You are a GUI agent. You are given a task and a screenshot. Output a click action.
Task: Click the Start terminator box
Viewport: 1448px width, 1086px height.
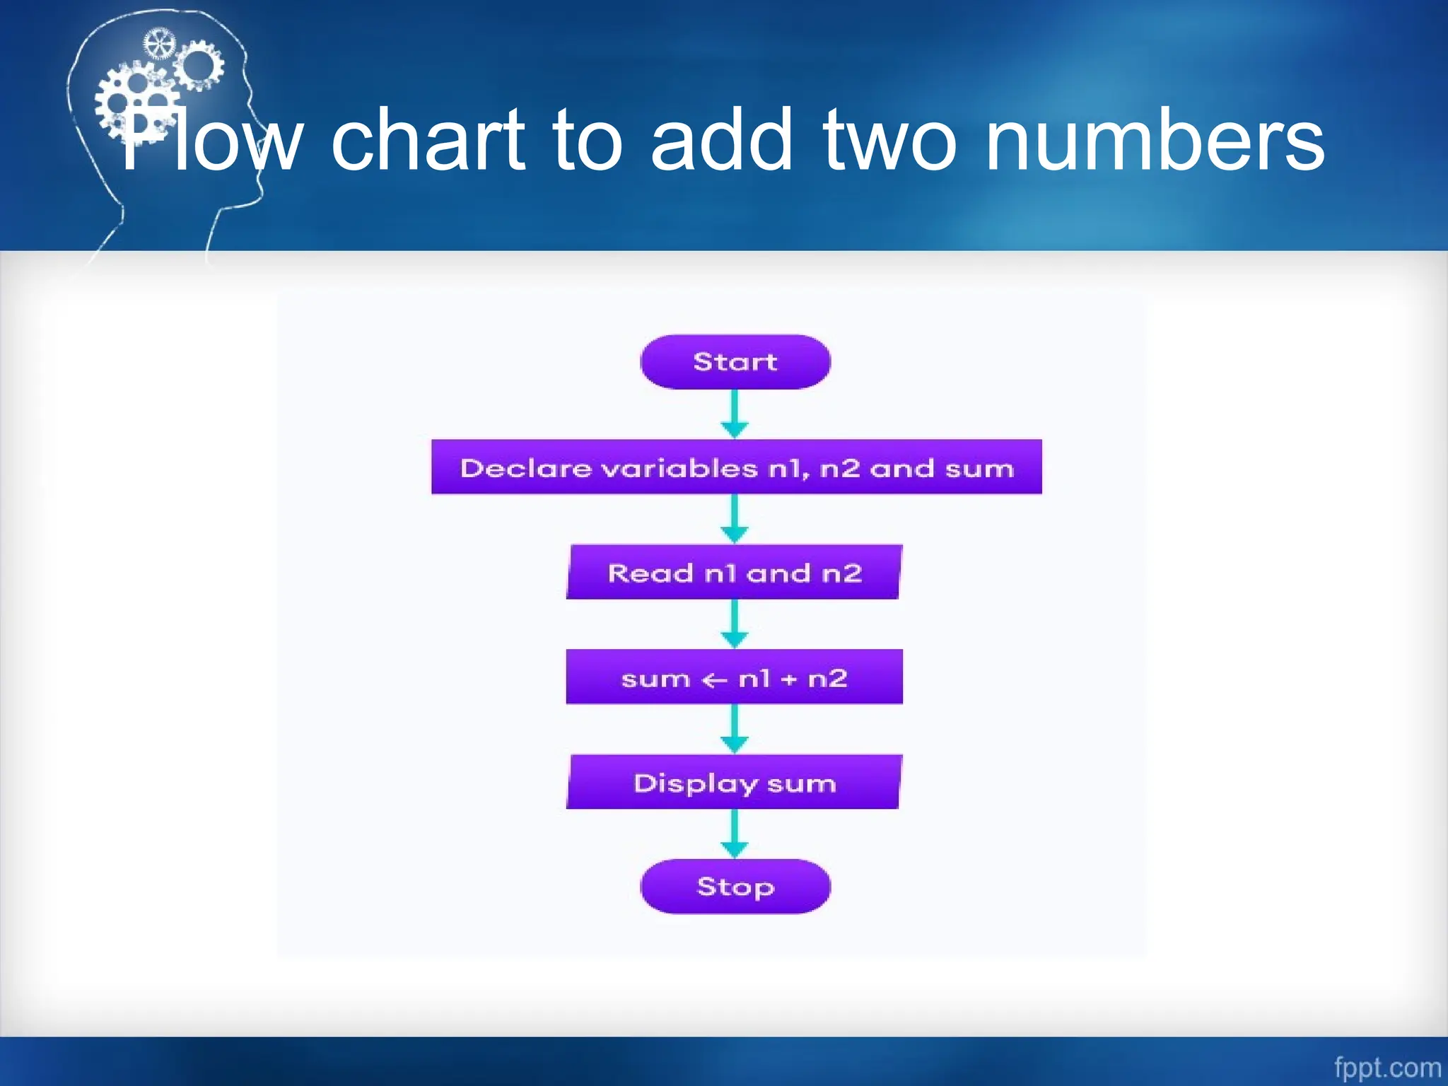[x=735, y=362]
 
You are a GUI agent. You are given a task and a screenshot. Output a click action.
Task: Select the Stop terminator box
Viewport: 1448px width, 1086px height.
[x=735, y=886]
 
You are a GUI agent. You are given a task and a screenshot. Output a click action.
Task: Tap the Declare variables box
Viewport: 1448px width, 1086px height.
[x=736, y=467]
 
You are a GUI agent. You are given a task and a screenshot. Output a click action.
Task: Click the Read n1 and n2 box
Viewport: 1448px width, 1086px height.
[x=734, y=572]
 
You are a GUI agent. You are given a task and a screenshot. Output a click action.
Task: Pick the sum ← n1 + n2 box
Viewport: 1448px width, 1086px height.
[x=734, y=677]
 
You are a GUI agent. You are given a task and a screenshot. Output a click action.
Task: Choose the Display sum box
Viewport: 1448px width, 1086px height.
[x=734, y=782]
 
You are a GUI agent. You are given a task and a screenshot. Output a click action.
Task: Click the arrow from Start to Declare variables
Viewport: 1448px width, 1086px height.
[x=735, y=414]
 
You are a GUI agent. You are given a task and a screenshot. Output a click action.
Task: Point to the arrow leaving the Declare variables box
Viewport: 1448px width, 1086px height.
[x=735, y=518]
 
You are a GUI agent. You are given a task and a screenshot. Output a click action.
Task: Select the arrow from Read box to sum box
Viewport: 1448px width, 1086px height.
[x=735, y=624]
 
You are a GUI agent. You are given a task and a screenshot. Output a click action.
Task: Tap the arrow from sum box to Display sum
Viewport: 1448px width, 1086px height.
[x=735, y=728]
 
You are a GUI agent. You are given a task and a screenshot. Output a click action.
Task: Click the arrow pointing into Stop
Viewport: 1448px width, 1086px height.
[x=735, y=834]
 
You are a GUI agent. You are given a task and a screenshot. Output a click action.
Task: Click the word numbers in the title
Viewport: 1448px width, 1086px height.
[x=1154, y=140]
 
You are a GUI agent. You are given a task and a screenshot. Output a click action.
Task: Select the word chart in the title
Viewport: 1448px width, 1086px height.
[x=428, y=140]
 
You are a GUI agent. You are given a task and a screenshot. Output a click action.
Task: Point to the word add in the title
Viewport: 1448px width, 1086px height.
[x=721, y=140]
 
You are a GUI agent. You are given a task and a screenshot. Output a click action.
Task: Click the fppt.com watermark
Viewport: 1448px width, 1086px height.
[x=1387, y=1067]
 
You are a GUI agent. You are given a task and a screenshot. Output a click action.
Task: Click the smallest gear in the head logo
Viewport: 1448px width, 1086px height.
[x=158, y=45]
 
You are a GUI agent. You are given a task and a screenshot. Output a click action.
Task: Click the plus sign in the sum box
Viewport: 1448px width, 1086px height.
[x=789, y=679]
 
